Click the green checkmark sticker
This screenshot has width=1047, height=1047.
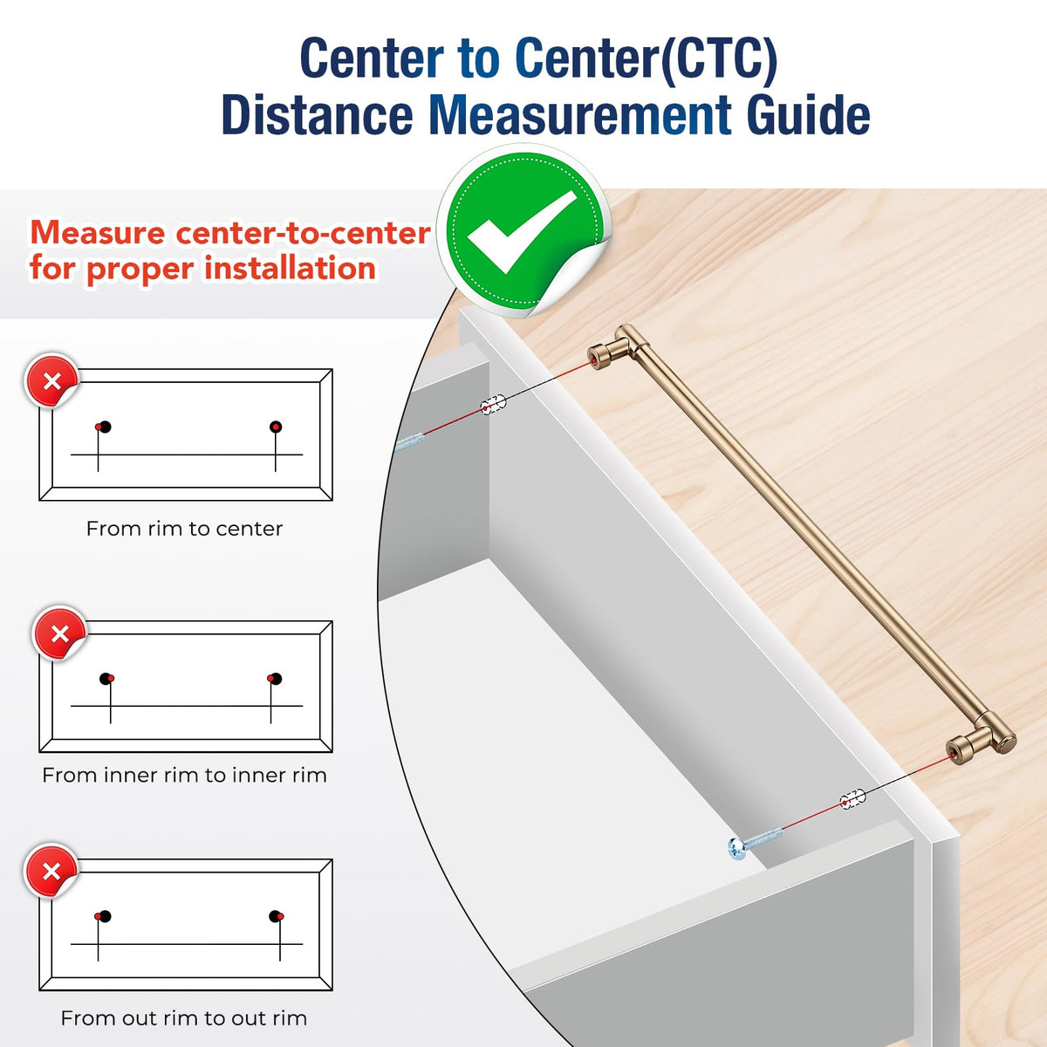524,231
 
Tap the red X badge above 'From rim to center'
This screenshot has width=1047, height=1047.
51,381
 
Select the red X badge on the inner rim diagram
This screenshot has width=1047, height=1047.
60,634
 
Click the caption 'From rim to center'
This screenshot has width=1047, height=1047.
184,529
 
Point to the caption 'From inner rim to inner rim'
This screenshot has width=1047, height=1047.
184,776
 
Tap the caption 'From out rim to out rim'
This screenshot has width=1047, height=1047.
184,1017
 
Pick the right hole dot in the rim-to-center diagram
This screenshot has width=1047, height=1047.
276,427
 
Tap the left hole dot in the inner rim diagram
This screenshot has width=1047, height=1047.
106,679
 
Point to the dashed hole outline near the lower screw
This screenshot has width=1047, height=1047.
852,799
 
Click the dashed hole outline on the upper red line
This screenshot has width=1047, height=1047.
493,405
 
